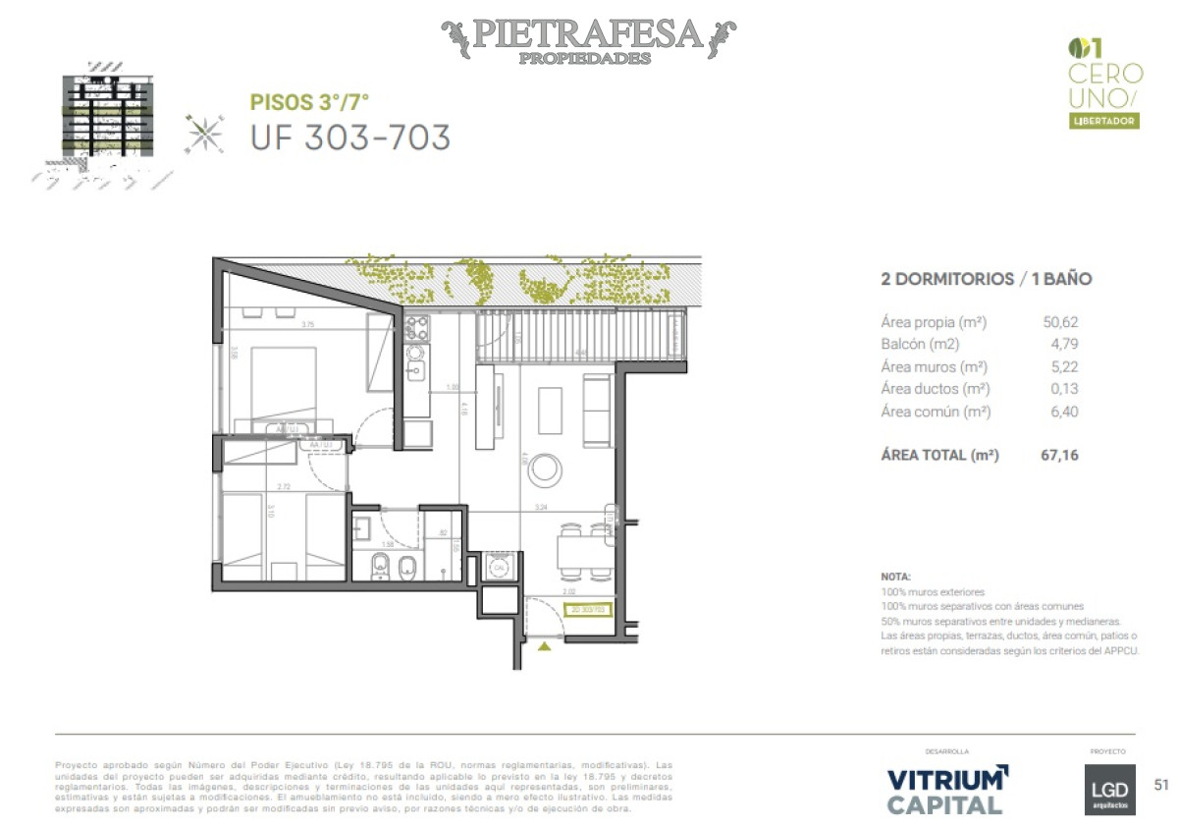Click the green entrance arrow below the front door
545,645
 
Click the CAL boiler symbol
499,567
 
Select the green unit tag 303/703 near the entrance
590,609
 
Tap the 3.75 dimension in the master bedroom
308,325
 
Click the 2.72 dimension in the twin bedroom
284,486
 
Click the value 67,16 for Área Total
1059,455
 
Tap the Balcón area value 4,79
1064,344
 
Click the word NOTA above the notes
895,577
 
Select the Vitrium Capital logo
946,791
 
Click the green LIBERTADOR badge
1104,121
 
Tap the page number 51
1161,784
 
